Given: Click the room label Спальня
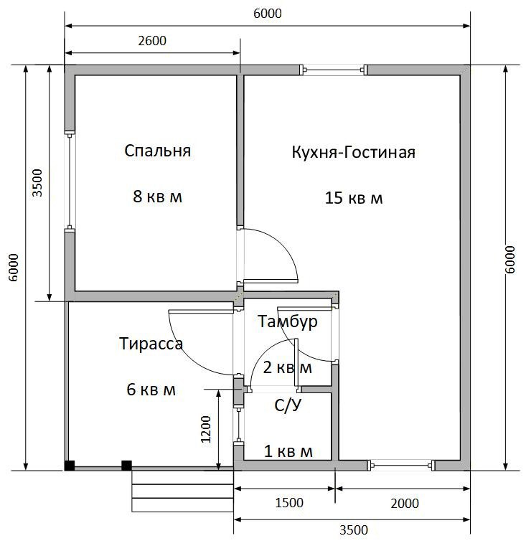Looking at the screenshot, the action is tap(157, 151).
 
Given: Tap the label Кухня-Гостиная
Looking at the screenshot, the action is tap(354, 153).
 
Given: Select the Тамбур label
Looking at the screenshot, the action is tap(288, 321).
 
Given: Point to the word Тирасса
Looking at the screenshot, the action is tap(151, 344).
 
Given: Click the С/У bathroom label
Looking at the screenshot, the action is tap(288, 405).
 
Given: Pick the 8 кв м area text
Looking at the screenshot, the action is tap(157, 197).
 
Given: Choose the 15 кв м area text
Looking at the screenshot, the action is tap(354, 198).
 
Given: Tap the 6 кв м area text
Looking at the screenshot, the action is tap(151, 390).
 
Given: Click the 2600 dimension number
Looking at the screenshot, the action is tap(152, 41).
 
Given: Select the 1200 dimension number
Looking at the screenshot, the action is tap(206, 429).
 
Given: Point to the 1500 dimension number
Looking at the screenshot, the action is tap(289, 503).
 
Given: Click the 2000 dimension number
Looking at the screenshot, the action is tap(405, 504).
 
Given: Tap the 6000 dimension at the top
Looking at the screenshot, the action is tap(268, 14).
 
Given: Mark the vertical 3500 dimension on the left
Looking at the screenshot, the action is tap(37, 183).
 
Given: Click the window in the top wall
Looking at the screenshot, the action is tap(334, 70).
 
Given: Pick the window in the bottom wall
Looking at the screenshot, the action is tap(401, 465).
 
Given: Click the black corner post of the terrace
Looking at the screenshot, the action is tap(70, 466).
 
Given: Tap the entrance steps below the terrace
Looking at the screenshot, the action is tap(182, 491).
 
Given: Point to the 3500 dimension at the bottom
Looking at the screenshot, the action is tap(354, 530).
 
